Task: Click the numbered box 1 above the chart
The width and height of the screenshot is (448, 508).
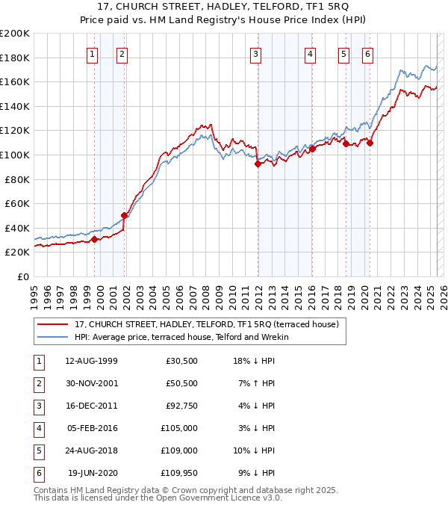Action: click(92, 53)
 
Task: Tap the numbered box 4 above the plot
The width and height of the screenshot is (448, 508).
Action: click(309, 53)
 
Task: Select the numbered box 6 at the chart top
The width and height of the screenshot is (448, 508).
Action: click(368, 53)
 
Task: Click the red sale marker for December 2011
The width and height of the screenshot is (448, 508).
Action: click(258, 164)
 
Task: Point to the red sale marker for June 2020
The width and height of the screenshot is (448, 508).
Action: click(370, 143)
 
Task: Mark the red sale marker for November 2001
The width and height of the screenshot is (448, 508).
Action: click(124, 215)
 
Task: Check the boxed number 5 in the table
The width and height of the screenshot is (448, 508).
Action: click(38, 451)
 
